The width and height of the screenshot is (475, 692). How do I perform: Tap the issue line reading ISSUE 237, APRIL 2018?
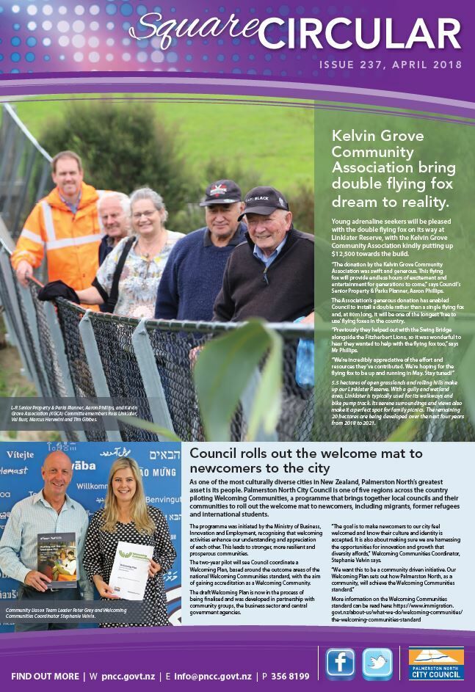coord(389,65)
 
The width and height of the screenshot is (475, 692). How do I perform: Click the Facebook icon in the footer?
coord(340,663)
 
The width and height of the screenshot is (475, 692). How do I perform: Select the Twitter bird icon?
coord(377,663)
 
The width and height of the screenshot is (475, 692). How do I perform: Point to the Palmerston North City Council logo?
coord(436,664)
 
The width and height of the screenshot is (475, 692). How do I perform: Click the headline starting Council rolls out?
coord(305,460)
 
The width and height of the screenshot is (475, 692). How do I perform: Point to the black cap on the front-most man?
coord(264,200)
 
